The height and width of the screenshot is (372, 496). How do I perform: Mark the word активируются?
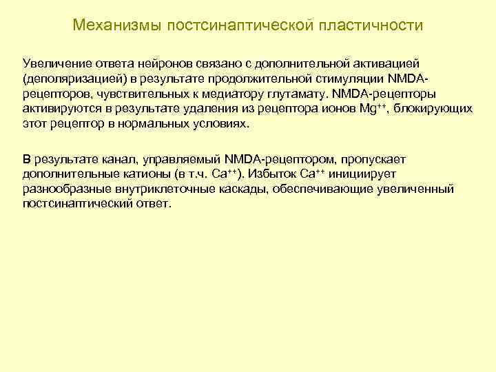coord(58,109)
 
